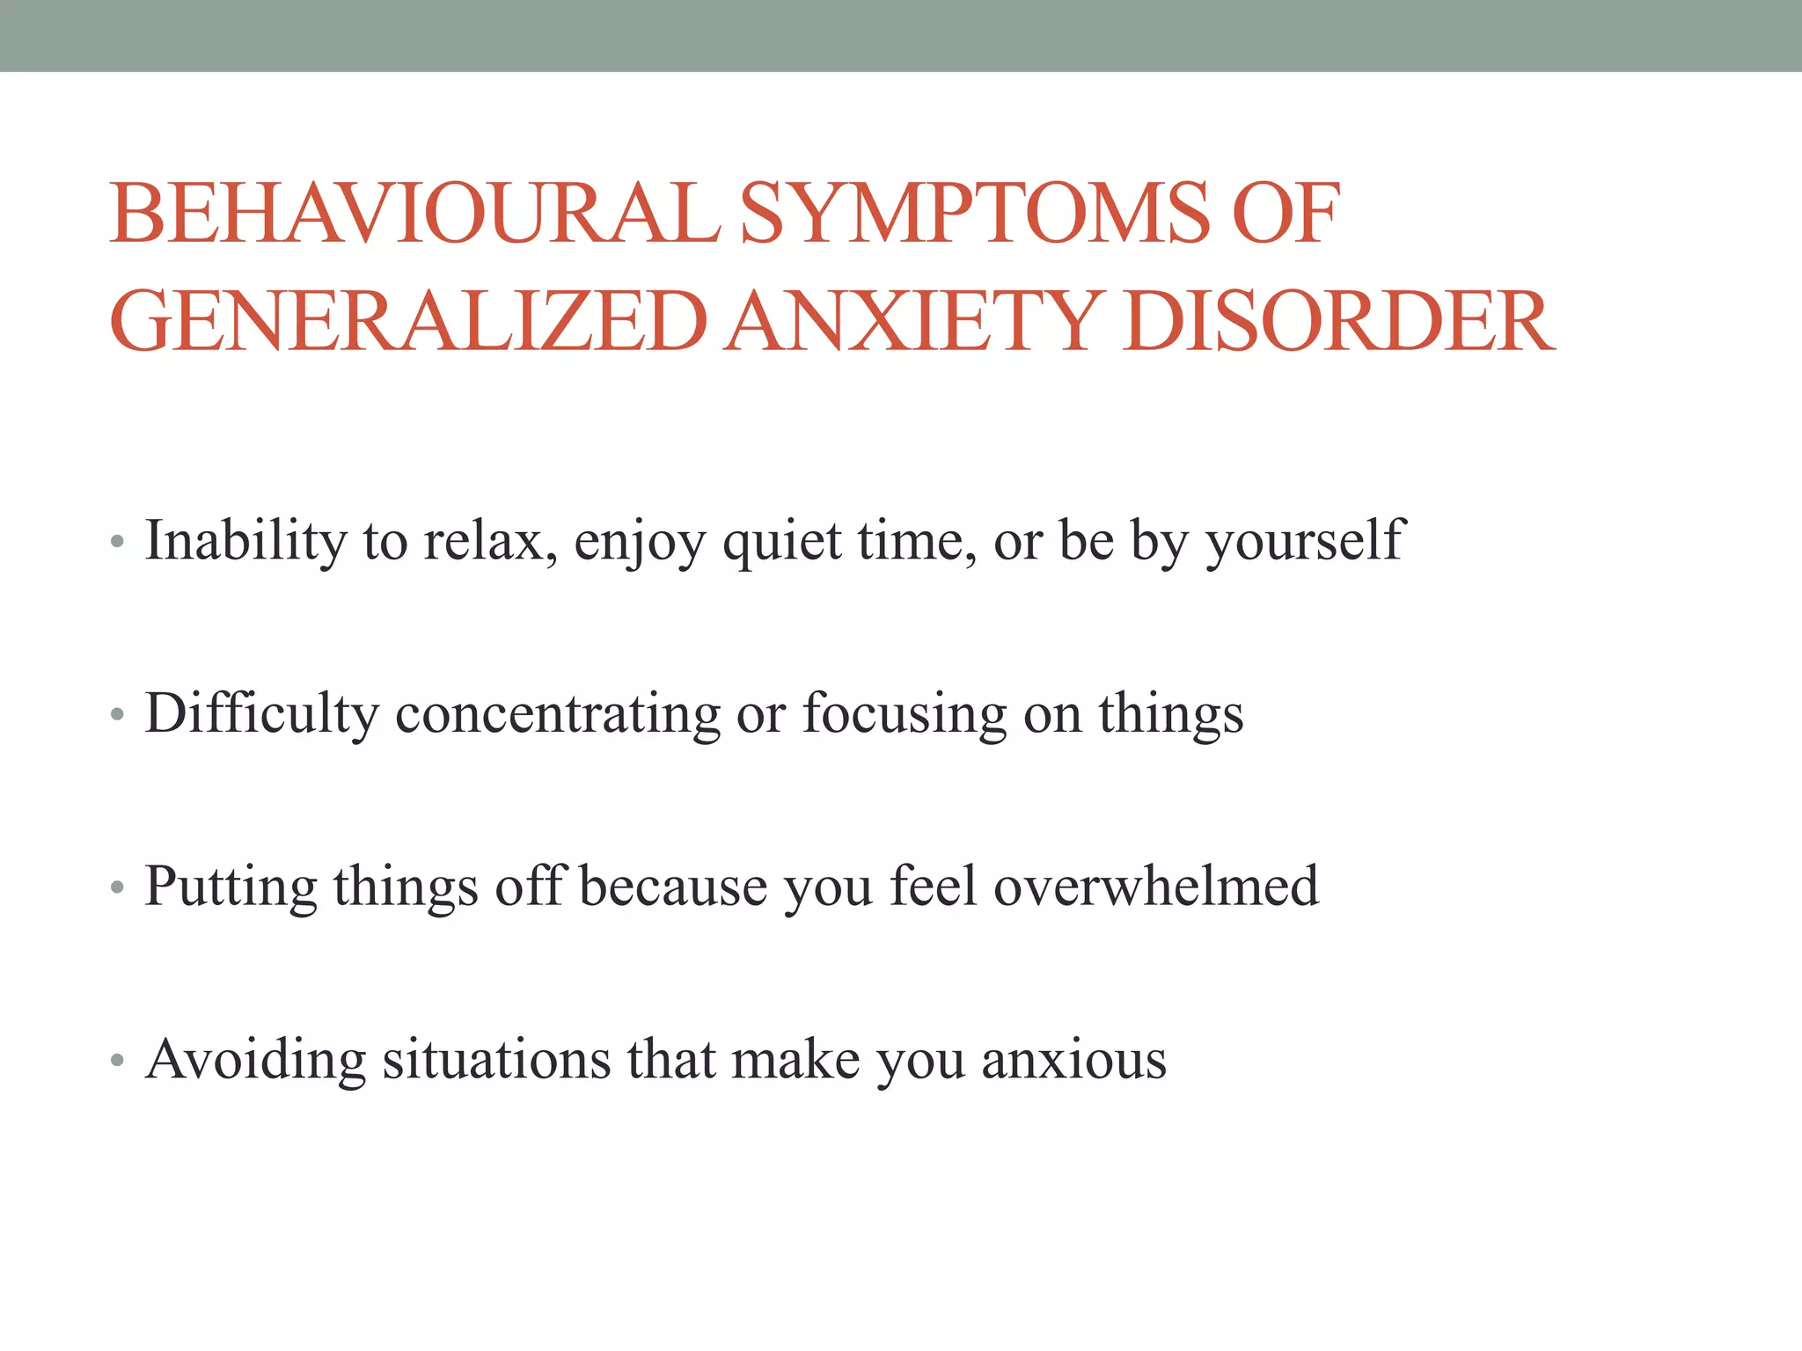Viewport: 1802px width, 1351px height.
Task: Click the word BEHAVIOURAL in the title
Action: (414, 214)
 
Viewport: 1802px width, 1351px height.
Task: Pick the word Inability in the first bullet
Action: (245, 540)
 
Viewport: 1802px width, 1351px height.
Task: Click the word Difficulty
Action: (261, 713)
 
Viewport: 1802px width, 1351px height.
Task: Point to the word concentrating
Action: (558, 713)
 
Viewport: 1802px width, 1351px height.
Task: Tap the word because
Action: (673, 887)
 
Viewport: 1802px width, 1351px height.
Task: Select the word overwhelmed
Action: (1156, 885)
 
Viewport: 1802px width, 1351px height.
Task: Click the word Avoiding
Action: (255, 1059)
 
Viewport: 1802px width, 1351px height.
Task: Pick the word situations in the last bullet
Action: (496, 1059)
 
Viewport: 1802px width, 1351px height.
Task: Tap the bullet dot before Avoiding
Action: (117, 1062)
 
